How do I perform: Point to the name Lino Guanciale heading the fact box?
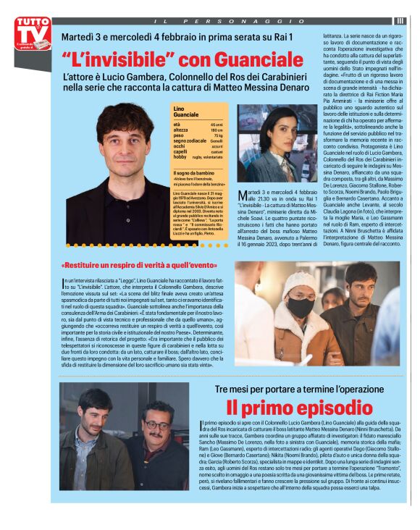(186, 112)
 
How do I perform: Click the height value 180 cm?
(217, 130)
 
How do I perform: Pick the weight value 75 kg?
(218, 135)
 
